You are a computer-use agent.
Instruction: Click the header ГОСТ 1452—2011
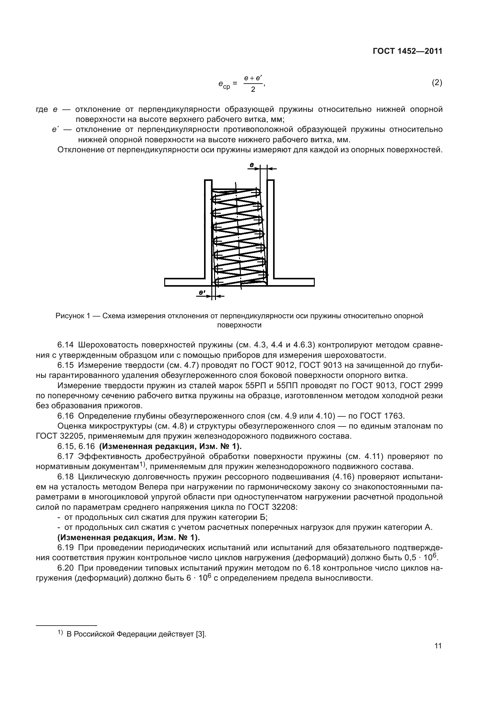point(407,51)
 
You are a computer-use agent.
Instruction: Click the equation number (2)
point(437,83)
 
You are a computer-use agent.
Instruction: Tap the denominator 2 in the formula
point(253,90)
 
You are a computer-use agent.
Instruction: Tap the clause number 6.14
point(65,345)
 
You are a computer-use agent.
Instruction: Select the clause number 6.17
point(65,457)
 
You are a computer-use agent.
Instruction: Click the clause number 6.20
point(65,568)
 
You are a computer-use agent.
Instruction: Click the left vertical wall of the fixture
point(208,229)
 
